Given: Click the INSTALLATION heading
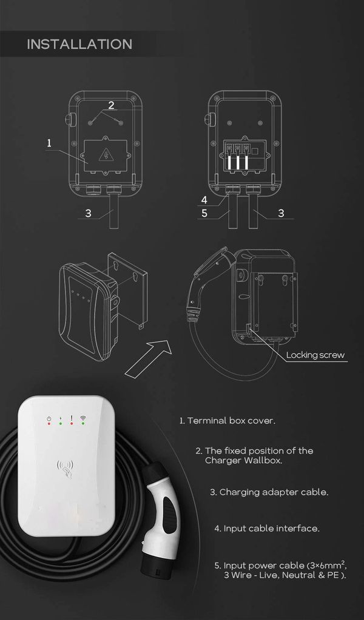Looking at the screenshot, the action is [79, 44].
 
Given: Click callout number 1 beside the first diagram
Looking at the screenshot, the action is [49, 143].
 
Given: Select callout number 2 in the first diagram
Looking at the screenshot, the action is [111, 105].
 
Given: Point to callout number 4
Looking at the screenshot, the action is [204, 200].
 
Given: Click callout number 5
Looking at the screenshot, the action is [204, 213].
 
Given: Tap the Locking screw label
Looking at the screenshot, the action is [315, 355].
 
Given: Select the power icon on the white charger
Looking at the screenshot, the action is [49, 418].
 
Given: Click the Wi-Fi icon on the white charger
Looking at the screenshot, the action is [83, 418].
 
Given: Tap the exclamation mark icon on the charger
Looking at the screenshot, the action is [72, 418].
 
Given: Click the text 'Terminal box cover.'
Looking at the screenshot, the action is [231, 421].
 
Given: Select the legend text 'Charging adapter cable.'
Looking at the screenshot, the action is [274, 492].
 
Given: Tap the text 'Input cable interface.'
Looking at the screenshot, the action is [271, 529].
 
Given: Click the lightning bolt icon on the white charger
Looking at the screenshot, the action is [60, 418].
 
